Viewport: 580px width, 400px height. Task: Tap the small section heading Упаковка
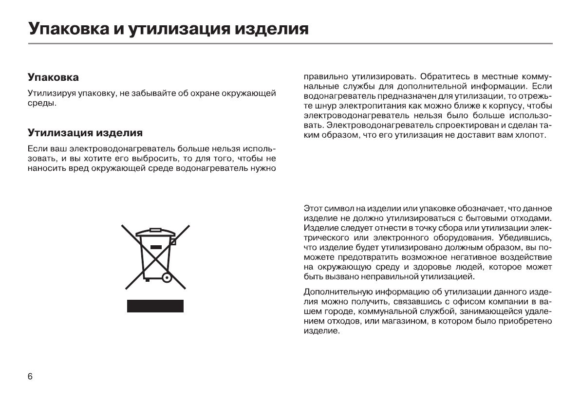pyautogui.click(x=53, y=77)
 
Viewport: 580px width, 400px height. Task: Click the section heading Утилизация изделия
pyautogui.click(x=85, y=132)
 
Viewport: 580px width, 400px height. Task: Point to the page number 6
pyautogui.click(x=30, y=377)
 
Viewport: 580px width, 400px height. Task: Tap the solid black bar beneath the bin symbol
pyautogui.click(x=155, y=306)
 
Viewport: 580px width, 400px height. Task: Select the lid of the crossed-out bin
pyautogui.click(x=155, y=233)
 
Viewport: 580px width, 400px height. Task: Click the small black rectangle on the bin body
pyautogui.click(x=155, y=247)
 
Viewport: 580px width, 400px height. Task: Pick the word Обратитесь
pyautogui.click(x=442, y=77)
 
